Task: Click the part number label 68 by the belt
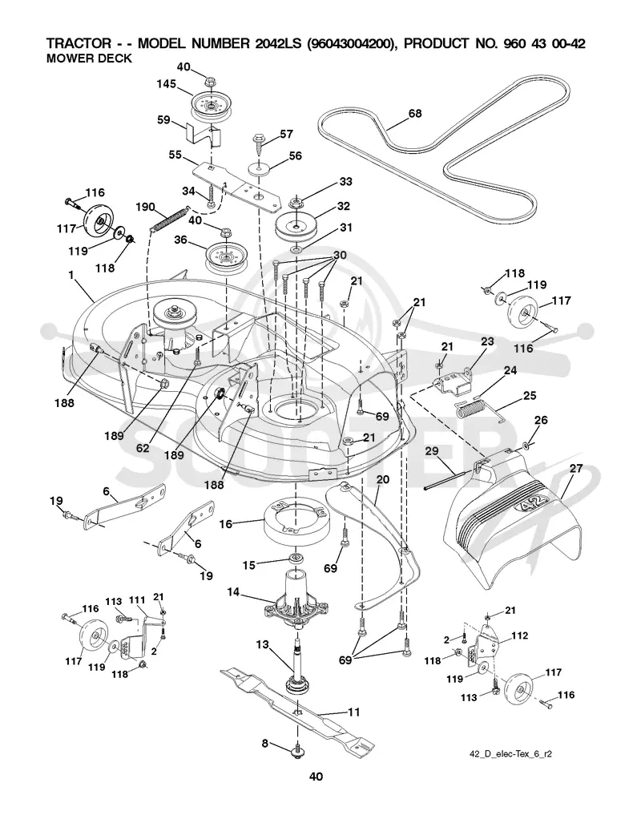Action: [415, 113]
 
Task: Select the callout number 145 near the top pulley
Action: [166, 84]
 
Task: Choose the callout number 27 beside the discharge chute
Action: [576, 469]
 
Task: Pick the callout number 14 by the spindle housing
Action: [233, 592]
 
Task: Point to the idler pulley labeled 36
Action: [226, 257]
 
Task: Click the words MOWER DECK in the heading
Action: [89, 58]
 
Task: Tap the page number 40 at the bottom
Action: [316, 777]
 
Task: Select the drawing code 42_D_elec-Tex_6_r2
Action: [510, 754]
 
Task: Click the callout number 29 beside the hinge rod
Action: [432, 451]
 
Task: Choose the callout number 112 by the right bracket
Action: [519, 635]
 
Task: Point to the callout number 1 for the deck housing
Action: [71, 275]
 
